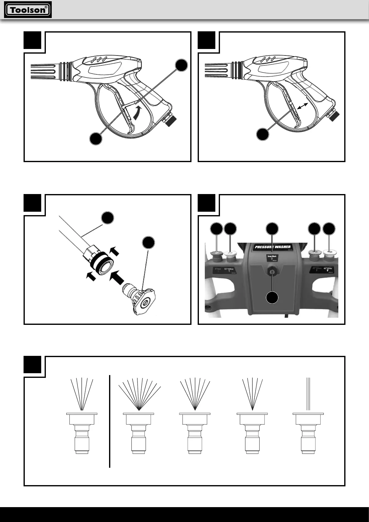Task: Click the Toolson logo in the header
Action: (x=28, y=10)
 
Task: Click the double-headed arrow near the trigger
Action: (x=302, y=106)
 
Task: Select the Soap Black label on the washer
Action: (x=272, y=258)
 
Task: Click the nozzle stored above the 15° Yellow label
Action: (x=230, y=255)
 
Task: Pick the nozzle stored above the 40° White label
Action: (x=329, y=255)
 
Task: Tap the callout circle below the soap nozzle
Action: (x=272, y=297)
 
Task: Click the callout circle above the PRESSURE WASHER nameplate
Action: (x=272, y=228)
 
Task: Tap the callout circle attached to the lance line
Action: (x=108, y=218)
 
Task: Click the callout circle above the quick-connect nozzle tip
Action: (x=148, y=243)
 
